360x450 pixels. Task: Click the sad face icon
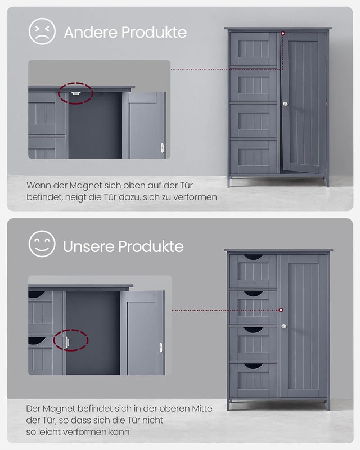pos(42,31)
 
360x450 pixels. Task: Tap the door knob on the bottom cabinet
pos(284,326)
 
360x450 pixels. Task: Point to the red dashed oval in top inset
pos(75,93)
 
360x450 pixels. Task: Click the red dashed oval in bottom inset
pos(71,341)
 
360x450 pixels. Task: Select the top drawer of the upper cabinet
pos(253,49)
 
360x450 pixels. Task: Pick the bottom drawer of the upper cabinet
pos(253,156)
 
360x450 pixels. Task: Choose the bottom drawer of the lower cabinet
pos(253,380)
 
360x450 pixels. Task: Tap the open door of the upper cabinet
pos(305,101)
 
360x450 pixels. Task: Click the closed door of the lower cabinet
pos(304,326)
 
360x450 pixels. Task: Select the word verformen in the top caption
pos(193,197)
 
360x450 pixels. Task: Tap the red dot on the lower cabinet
pos(281,310)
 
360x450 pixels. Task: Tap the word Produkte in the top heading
pos(154,32)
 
